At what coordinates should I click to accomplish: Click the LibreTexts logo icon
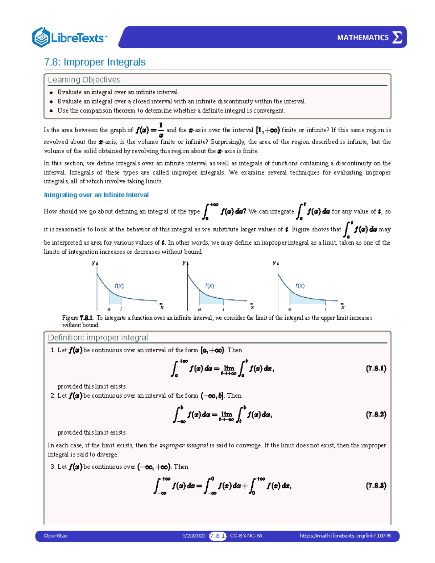pos(41,37)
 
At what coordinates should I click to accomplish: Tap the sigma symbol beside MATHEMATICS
pos(397,37)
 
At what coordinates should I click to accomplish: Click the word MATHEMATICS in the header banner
pos(362,37)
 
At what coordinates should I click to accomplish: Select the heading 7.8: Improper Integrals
pos(95,62)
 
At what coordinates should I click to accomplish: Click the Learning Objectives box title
pos(84,80)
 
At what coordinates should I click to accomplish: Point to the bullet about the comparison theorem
pos(171,111)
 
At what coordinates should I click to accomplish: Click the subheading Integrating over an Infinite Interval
pos(96,195)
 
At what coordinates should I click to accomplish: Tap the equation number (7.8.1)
pos(376,369)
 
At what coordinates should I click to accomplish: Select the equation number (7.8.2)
pos(376,414)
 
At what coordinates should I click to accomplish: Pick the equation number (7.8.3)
pos(376,485)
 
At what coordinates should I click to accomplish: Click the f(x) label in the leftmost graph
pos(119,286)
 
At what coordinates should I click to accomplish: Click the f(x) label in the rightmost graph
pos(300,286)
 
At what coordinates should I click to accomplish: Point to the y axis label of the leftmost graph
pos(93,263)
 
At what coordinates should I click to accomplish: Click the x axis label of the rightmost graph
pos(343,307)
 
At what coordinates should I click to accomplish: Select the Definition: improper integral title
pos(98,338)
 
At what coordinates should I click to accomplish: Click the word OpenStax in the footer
pos(56,536)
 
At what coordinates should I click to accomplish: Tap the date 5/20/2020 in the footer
pos(194,536)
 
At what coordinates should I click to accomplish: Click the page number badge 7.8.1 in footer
pos(217,536)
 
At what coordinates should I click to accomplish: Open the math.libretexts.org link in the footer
pos(345,536)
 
